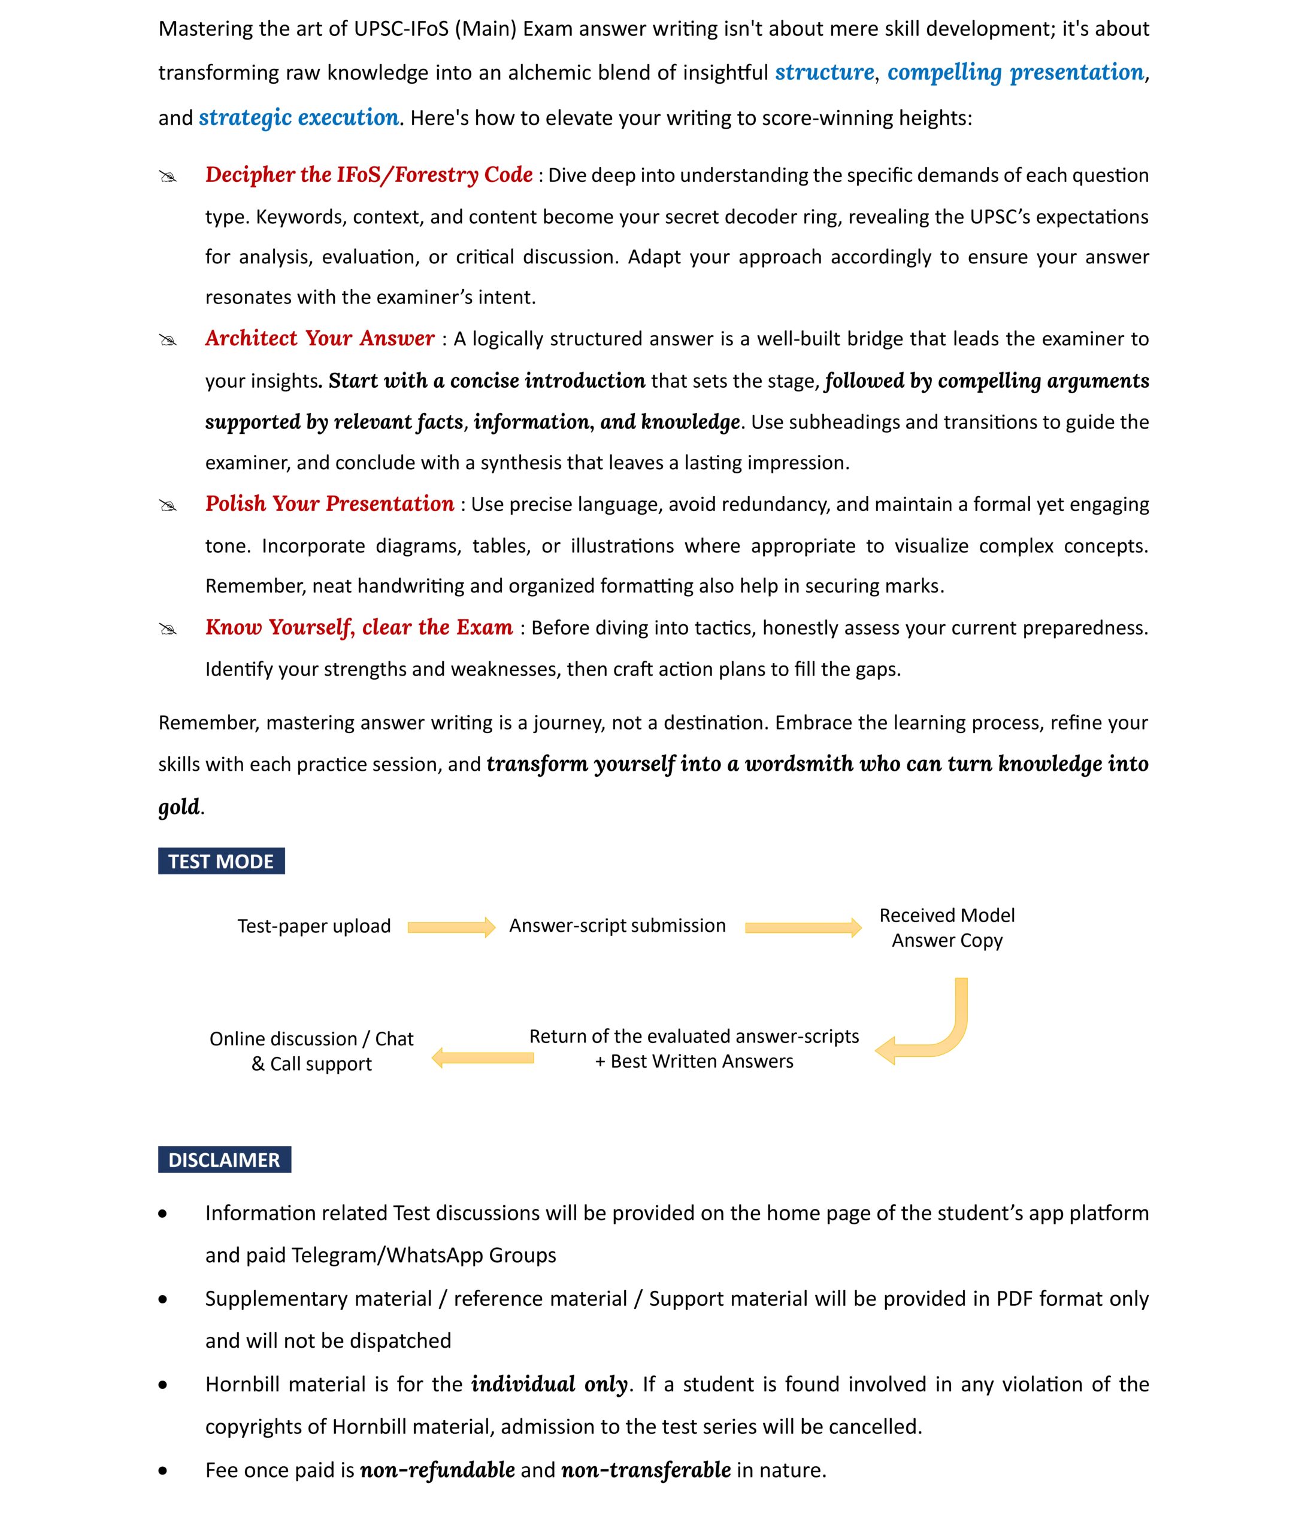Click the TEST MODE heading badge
pos(220,861)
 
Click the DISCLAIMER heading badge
pos(223,1159)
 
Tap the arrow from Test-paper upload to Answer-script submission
pos(450,927)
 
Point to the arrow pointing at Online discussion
pos(482,1057)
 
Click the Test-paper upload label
pos(314,926)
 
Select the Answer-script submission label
pos(617,926)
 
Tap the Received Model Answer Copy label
pos(946,928)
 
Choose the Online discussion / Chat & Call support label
pos(311,1051)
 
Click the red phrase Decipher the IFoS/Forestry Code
pos(368,175)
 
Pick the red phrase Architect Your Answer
pos(320,339)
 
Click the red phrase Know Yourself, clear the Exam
pos(359,627)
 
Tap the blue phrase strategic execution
pos(298,117)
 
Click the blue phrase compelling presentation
pos(1015,72)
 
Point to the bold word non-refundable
pos(437,1470)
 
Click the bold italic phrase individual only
pos(549,1384)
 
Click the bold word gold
pos(179,806)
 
